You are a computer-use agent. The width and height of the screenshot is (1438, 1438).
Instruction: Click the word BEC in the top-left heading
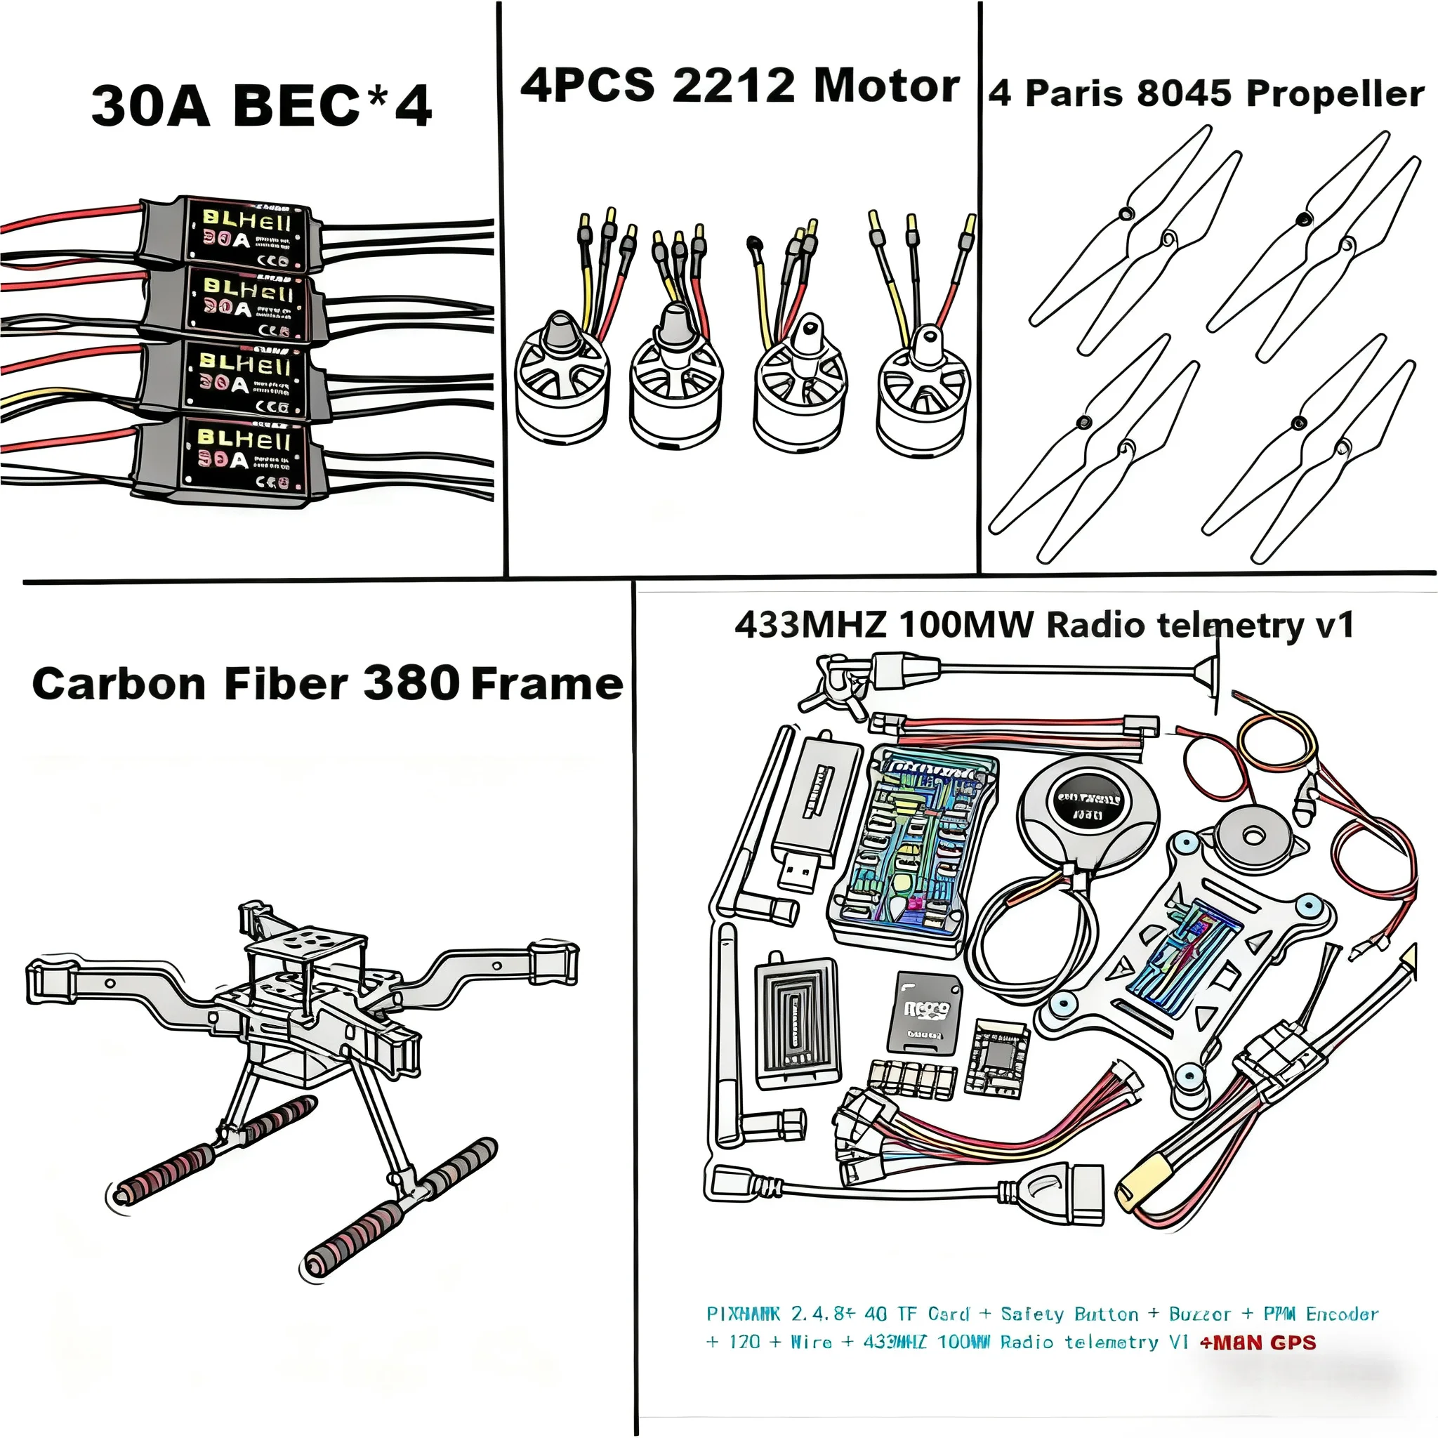(296, 106)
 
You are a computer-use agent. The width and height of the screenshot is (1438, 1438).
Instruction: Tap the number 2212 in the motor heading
(733, 86)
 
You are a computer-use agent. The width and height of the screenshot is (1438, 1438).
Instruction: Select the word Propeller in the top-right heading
(1335, 95)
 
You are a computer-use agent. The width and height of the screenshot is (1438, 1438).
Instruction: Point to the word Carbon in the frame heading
(119, 683)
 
